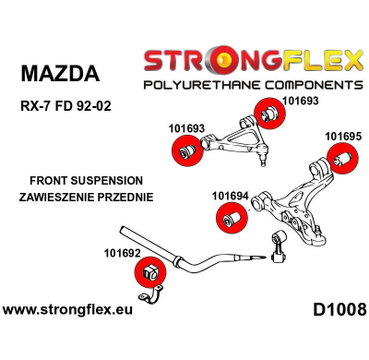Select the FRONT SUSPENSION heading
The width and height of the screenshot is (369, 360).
pos(87,181)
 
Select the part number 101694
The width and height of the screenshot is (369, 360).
pos(230,196)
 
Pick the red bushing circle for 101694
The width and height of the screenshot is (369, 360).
pos(230,218)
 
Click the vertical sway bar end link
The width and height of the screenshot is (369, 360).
pos(275,247)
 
